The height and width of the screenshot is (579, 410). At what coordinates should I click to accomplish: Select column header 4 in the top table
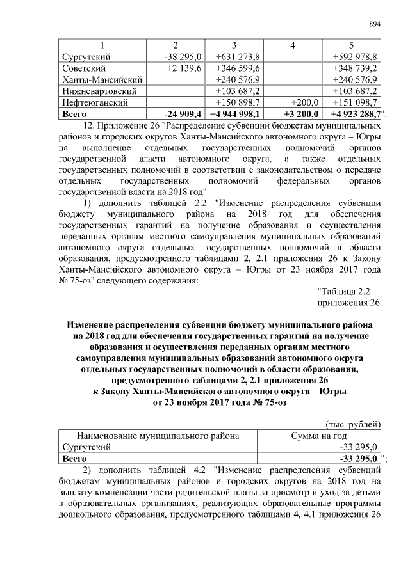292,45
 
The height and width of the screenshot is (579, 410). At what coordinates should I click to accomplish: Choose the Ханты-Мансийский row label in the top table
101,79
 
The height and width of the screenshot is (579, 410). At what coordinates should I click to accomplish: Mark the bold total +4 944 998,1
234,114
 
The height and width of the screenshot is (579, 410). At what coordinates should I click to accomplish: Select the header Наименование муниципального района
158,436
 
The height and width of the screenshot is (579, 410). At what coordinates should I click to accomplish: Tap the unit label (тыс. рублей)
354,424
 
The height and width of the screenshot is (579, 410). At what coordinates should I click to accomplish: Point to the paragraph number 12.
90,126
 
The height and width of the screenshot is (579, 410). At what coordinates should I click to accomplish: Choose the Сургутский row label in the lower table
86,447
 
